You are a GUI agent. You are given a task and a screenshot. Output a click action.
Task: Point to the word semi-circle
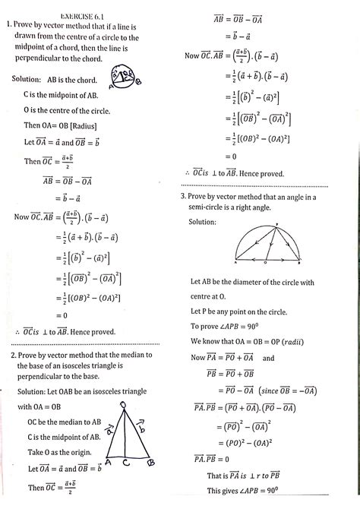pyautogui.click(x=213, y=207)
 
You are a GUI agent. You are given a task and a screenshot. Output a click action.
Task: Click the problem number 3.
pyautogui.click(x=185, y=196)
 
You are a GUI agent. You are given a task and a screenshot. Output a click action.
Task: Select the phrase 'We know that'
pyautogui.click(x=215, y=341)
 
